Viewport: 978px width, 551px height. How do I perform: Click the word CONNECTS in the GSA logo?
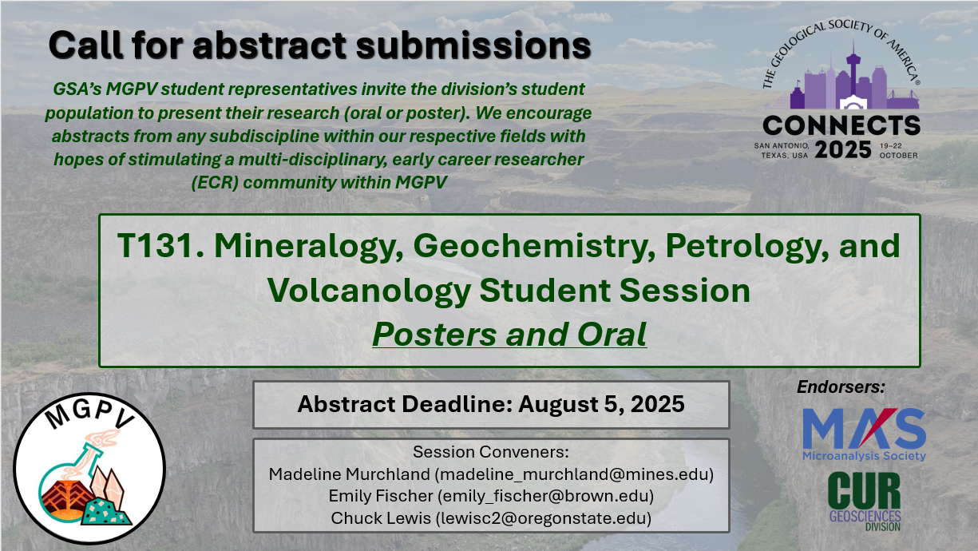[x=841, y=125]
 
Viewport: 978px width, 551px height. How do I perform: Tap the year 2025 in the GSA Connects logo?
[x=843, y=150]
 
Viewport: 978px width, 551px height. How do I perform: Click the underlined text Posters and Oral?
[x=509, y=335]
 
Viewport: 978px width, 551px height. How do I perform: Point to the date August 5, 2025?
[x=601, y=404]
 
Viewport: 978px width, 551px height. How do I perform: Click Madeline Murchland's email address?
[x=574, y=474]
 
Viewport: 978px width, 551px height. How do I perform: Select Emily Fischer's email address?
[x=546, y=496]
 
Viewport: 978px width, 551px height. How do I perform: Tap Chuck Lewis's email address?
[x=544, y=518]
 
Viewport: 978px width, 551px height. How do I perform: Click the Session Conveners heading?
[x=491, y=452]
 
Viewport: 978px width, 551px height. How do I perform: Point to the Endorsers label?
[x=841, y=386]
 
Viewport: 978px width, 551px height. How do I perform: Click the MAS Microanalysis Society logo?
[x=864, y=434]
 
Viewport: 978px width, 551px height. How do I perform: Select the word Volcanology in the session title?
[x=369, y=291]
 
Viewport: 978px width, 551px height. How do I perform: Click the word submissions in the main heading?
[x=473, y=46]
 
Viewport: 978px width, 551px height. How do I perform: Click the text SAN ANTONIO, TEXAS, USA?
[x=782, y=151]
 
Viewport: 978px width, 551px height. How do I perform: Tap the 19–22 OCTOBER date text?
[x=898, y=151]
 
